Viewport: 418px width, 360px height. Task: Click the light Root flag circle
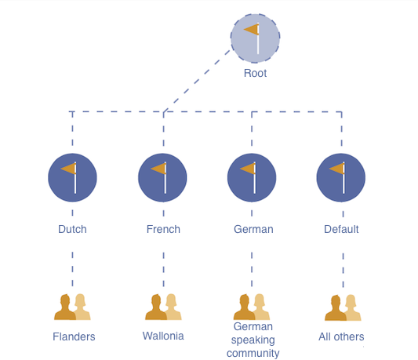pos(255,38)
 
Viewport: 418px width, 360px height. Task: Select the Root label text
pos(255,73)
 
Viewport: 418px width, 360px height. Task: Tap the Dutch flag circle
pos(72,177)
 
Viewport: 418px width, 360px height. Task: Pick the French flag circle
pos(162,177)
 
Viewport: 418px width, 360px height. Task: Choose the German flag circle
pos(252,177)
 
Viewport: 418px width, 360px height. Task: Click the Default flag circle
pos(341,177)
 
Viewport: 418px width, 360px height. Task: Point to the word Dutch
pos(72,229)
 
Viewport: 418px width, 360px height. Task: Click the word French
pos(163,229)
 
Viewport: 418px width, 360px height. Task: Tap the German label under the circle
pos(253,229)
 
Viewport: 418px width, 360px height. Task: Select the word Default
pos(341,229)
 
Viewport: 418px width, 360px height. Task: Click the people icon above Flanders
pos(72,307)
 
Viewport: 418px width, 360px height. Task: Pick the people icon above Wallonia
pos(163,307)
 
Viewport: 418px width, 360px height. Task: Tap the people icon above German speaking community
pos(252,307)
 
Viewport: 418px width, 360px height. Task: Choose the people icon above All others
pos(343,307)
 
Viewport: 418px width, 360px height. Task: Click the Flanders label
pos(74,336)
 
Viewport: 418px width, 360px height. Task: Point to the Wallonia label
pos(163,336)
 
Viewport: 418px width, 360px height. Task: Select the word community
pos(253,353)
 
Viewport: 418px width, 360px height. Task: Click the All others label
pos(341,336)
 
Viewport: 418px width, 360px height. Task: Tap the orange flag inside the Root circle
pos(252,29)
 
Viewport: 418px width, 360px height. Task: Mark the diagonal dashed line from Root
pos(197,81)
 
